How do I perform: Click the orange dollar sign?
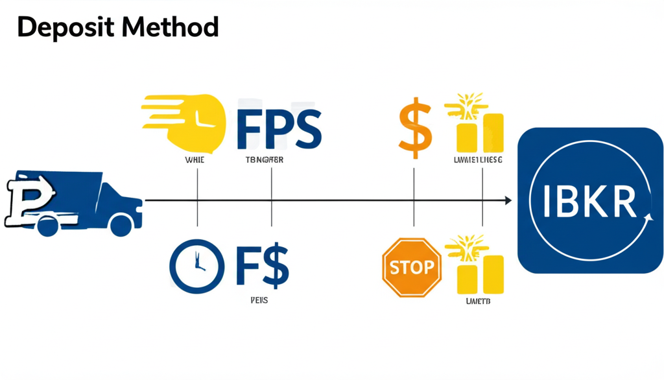coord(414,128)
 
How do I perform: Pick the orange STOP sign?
coord(412,267)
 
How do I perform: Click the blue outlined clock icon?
coord(196,267)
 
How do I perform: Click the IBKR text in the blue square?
coord(589,202)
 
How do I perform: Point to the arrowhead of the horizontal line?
coord(508,201)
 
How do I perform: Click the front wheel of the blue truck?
coord(121,225)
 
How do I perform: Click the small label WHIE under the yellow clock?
coord(195,160)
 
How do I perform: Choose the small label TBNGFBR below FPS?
coord(265,160)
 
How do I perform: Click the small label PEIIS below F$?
coord(259,301)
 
